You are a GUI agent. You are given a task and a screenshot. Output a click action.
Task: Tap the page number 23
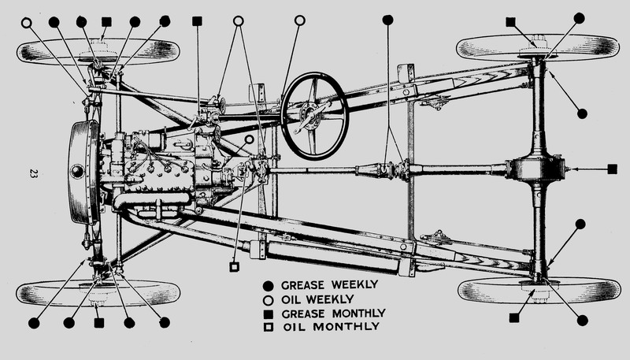click(x=33, y=173)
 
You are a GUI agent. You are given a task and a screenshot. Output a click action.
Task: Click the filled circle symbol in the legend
click(x=269, y=284)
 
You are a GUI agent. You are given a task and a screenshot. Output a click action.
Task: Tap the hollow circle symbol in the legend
click(x=269, y=299)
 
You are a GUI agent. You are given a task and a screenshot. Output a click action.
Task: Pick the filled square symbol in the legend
click(x=269, y=313)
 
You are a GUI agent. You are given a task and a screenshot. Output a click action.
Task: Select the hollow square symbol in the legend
click(x=269, y=326)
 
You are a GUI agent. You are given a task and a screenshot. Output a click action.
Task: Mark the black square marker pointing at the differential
click(x=613, y=169)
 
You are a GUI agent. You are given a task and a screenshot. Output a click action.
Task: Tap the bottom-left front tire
click(x=98, y=292)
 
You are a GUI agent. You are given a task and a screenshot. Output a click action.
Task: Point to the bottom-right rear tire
click(x=537, y=290)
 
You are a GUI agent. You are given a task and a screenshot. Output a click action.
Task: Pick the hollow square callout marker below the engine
click(x=234, y=267)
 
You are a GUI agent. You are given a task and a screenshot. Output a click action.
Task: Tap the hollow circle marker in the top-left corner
click(x=27, y=22)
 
